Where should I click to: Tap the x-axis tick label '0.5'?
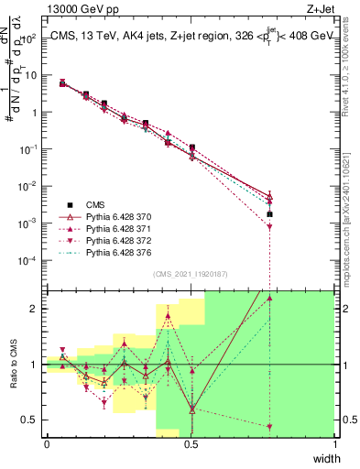click(191, 443)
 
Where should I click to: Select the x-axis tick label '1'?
click(335, 443)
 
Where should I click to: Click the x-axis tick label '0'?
click(47, 443)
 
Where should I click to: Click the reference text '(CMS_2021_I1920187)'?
click(190, 274)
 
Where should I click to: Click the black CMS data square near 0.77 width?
click(269, 214)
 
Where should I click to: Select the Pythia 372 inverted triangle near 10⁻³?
click(269, 227)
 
